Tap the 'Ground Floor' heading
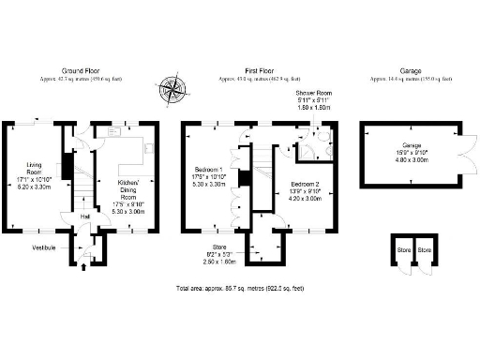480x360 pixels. point(82,70)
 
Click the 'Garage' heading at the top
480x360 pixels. point(410,70)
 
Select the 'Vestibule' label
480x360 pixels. point(44,247)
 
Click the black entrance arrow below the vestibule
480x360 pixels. point(86,267)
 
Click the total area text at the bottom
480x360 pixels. point(239,288)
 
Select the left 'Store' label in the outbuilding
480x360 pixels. point(403,250)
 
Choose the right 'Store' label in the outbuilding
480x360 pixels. point(425,250)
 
